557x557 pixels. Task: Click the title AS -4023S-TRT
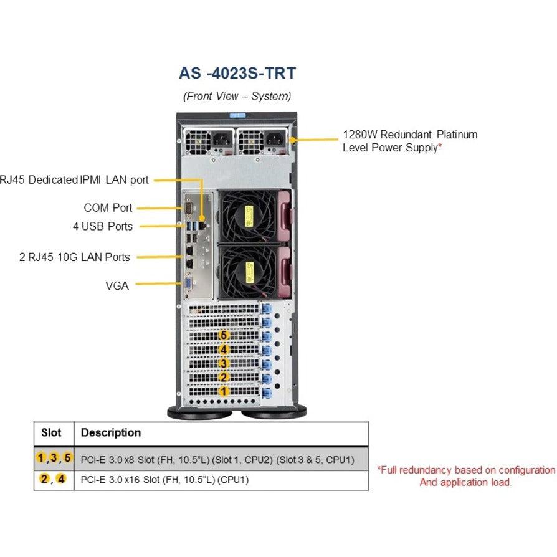[x=237, y=73]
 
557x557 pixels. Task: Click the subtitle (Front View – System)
[x=237, y=97]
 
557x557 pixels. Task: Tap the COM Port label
[x=108, y=207]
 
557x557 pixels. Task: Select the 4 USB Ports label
[x=102, y=226]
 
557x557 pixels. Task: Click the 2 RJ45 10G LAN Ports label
[x=74, y=257]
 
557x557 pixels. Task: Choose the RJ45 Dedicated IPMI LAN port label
[x=75, y=180]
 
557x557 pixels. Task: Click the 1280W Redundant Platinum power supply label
[x=410, y=140]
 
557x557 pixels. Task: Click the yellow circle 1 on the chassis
[x=224, y=391]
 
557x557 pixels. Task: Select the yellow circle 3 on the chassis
[x=224, y=363]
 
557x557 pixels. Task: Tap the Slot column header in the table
[x=51, y=432]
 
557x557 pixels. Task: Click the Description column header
[x=111, y=432]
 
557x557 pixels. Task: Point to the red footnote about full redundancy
[x=465, y=476]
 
